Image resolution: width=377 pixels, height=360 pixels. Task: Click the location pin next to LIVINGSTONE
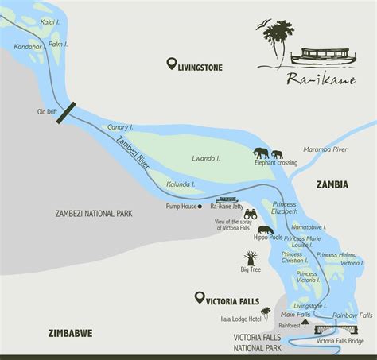point(171,64)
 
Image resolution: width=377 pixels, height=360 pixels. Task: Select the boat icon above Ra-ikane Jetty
point(227,199)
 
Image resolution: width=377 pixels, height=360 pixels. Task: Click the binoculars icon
point(250,214)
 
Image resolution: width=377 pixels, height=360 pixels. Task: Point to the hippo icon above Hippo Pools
point(266,230)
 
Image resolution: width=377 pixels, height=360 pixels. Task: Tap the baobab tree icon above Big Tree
point(251,258)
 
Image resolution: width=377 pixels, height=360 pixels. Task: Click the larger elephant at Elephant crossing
point(262,153)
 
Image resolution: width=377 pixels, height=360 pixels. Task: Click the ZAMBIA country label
point(332,184)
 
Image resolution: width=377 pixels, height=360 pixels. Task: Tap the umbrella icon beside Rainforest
point(305,323)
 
